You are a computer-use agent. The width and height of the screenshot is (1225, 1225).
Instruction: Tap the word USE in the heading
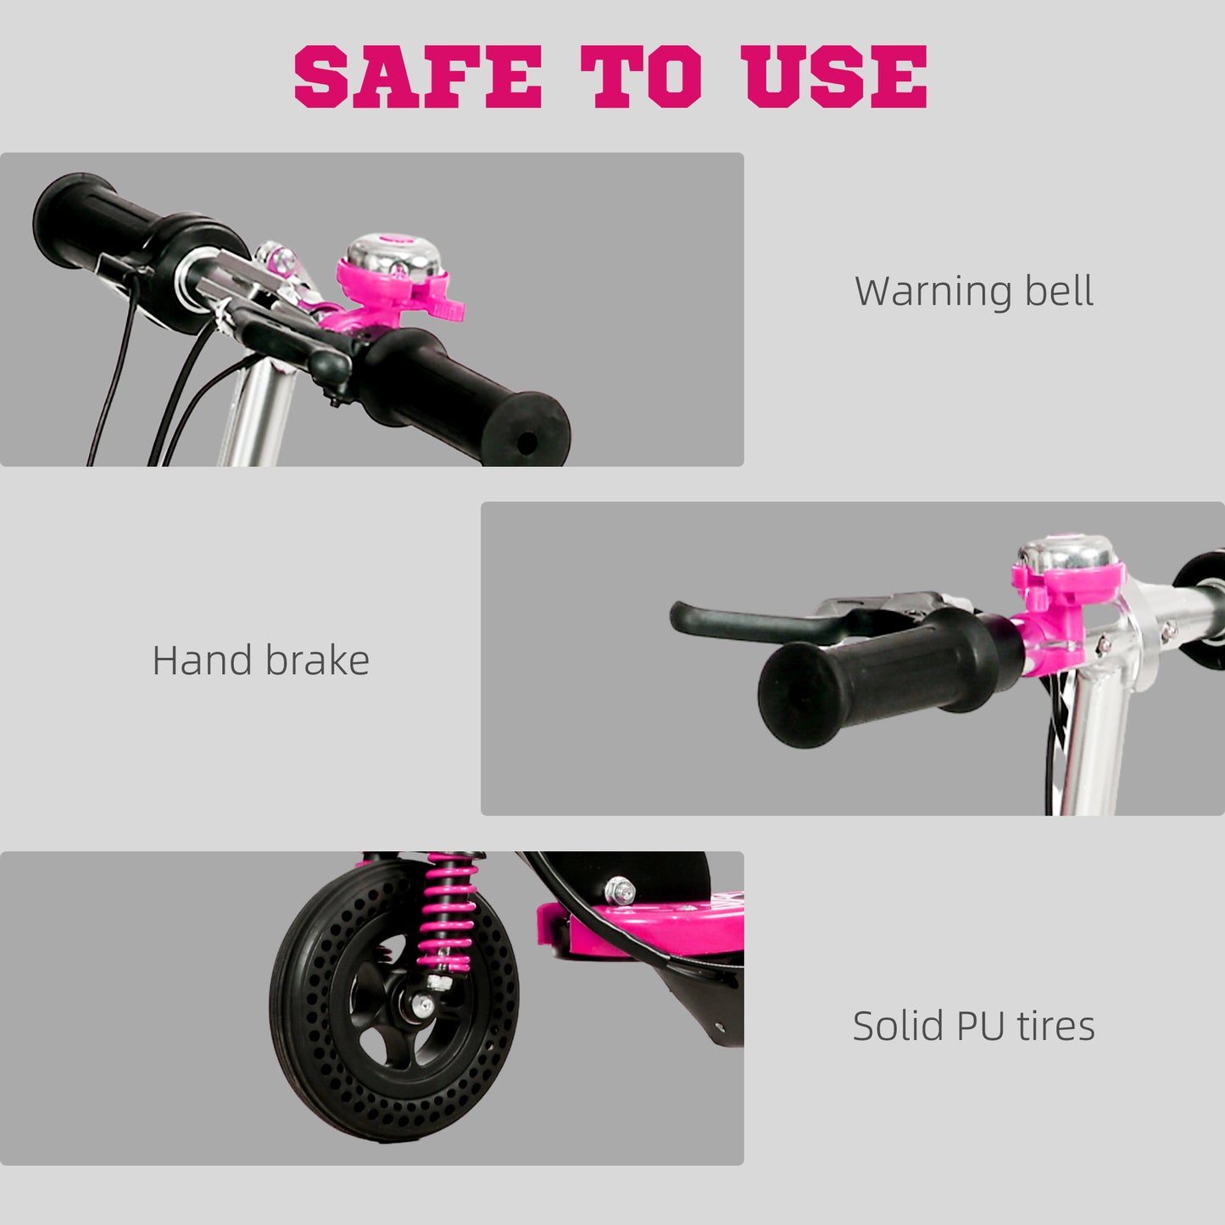834,77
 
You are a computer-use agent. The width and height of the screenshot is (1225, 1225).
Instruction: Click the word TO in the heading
641,77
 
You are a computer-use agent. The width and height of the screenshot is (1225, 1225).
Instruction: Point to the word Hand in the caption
202,660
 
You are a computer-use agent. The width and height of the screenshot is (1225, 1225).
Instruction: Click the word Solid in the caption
898,1027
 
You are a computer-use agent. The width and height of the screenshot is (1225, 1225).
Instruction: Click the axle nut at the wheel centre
421,1007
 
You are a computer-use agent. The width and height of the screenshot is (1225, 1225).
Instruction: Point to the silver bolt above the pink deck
621,891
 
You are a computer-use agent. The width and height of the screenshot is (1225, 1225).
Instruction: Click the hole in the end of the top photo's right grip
526,442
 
